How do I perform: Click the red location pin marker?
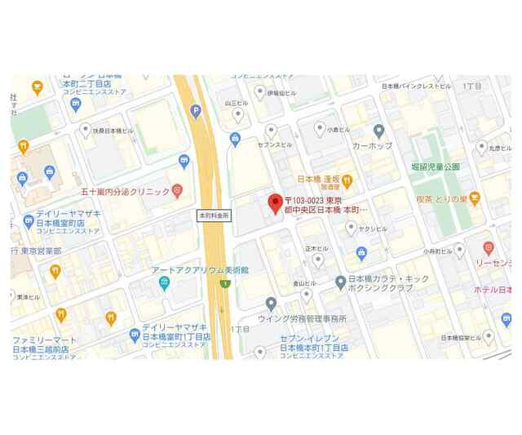275,202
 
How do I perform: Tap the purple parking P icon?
196,111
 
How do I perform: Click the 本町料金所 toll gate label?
215,216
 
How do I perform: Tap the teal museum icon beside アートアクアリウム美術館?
165,283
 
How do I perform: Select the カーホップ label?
372,145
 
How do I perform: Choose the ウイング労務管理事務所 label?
302,318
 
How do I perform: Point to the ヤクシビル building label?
372,229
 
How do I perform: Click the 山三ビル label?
236,104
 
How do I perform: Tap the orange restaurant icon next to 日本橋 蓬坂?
347,180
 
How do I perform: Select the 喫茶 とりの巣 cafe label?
446,198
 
